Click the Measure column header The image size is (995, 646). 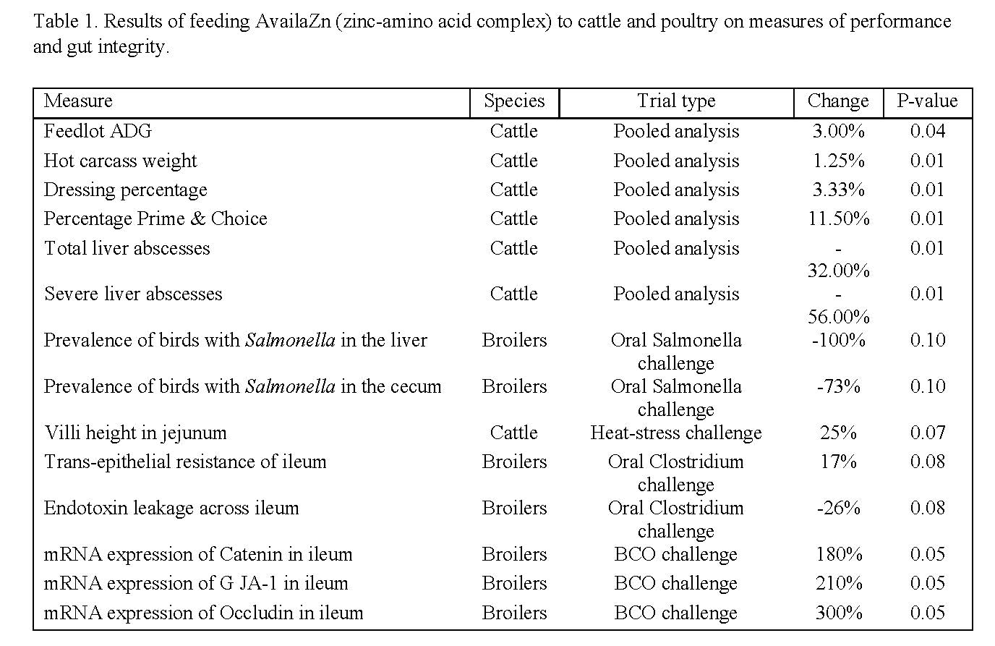(78, 101)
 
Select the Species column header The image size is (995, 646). (514, 101)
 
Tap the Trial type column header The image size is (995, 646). (676, 101)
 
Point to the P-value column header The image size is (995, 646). (927, 101)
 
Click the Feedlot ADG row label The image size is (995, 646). (98, 131)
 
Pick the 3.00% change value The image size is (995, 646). (838, 131)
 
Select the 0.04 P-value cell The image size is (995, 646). (927, 131)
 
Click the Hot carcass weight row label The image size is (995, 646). (120, 161)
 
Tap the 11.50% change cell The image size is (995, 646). (838, 218)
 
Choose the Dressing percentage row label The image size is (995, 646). (125, 190)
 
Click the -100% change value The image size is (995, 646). (838, 340)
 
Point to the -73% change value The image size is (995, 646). (838, 386)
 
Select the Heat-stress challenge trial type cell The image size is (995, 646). (676, 433)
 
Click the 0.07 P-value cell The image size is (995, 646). (927, 433)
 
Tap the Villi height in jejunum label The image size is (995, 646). (135, 433)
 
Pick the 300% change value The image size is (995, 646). (838, 613)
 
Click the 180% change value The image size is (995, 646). (838, 554)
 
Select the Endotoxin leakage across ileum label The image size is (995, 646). (171, 508)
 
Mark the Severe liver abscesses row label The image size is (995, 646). (133, 294)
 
